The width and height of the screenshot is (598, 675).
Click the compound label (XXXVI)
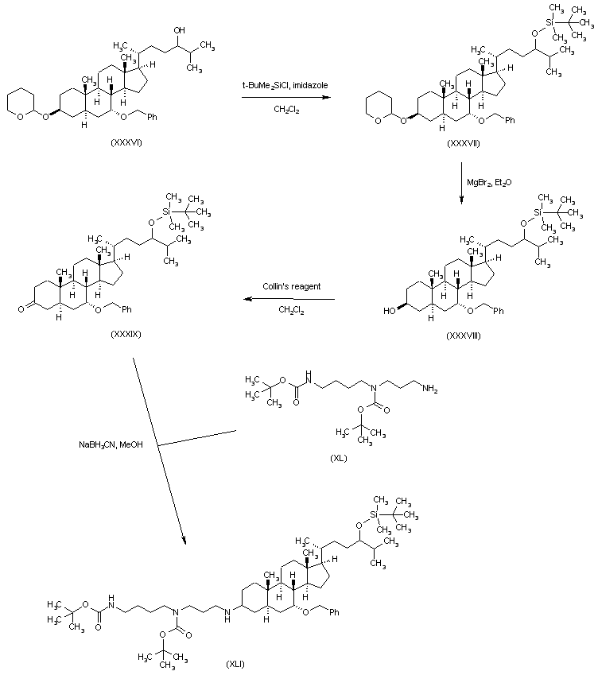[x=126, y=142]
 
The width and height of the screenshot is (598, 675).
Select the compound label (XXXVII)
[x=464, y=143]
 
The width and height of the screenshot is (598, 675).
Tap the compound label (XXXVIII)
[x=464, y=335]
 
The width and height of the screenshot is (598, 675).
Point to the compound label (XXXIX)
[x=126, y=334]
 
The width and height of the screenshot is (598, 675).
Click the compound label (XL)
[x=339, y=458]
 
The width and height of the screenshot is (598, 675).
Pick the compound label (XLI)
[x=235, y=664]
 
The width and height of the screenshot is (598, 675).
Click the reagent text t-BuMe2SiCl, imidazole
[x=285, y=85]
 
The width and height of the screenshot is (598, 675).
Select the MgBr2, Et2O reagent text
[x=489, y=183]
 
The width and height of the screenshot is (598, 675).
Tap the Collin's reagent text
[x=292, y=286]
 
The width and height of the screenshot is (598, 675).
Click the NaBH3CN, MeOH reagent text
[x=111, y=444]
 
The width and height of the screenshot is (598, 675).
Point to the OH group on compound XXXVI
[x=179, y=30]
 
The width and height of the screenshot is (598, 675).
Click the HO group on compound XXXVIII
[x=390, y=310]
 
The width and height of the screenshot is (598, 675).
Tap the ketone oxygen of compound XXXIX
[x=21, y=308]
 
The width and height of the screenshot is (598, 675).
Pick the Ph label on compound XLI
[x=334, y=611]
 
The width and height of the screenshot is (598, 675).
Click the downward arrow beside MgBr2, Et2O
[x=461, y=183]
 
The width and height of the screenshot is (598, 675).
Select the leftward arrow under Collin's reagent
[x=289, y=299]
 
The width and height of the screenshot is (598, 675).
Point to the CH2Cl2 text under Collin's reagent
[x=291, y=310]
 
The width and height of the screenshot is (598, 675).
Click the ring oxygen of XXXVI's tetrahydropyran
[x=20, y=116]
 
